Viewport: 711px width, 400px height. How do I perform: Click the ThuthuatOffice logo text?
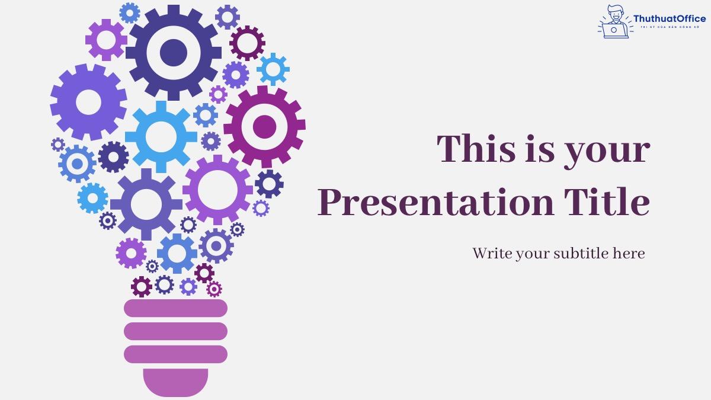click(669, 19)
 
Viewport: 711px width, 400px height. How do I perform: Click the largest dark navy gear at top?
click(173, 52)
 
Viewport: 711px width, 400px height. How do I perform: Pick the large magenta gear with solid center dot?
click(264, 126)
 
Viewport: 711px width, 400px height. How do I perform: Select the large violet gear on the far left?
click(88, 103)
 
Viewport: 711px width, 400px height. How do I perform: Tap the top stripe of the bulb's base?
click(175, 308)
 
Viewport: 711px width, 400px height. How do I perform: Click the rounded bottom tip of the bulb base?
click(175, 382)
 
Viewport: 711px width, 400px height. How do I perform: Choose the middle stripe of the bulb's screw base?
click(175, 331)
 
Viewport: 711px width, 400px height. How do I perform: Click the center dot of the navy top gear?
click(173, 52)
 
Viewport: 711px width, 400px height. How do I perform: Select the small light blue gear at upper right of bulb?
click(273, 69)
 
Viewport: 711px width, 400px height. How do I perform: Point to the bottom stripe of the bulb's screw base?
click(175, 354)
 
